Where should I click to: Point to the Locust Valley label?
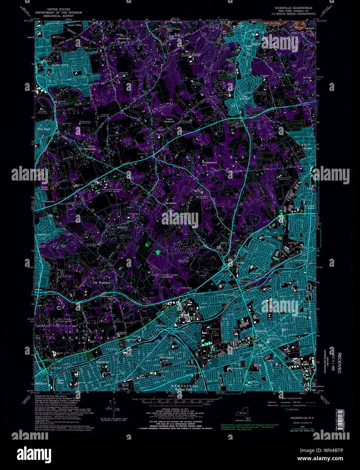pos(75,25)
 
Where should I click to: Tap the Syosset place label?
pos(308,148)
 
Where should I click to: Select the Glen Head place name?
pos(44,129)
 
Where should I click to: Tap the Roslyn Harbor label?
pos(45,188)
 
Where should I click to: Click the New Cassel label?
pos(166,357)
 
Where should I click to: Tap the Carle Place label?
pos(61,381)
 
